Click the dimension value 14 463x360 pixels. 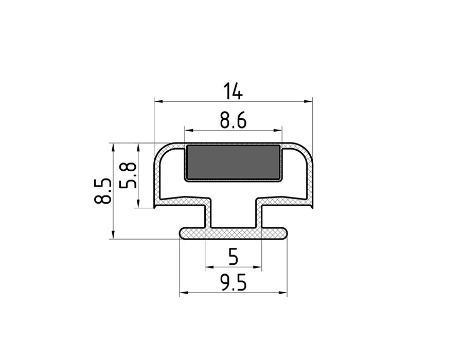(x=233, y=91)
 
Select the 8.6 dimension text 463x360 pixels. (x=233, y=120)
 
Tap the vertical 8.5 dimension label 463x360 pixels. (x=103, y=191)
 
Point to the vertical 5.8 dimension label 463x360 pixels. (x=128, y=175)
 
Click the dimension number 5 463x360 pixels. (x=233, y=257)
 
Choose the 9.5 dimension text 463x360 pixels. (x=233, y=282)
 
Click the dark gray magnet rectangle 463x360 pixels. (x=233, y=163)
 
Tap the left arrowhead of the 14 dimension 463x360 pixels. (x=158, y=101)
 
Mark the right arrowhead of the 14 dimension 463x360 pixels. (x=308, y=101)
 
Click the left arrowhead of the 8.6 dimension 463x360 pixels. (x=189, y=130)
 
